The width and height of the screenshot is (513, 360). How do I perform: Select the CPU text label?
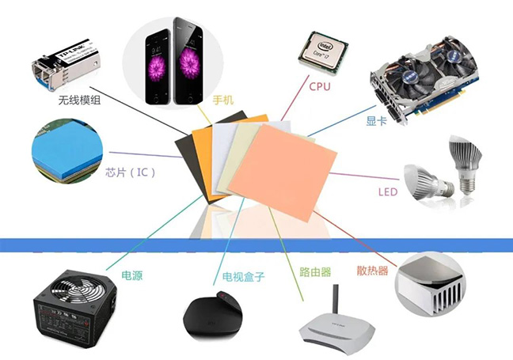click(x=320, y=85)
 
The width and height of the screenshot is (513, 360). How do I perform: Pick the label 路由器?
click(x=315, y=271)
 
